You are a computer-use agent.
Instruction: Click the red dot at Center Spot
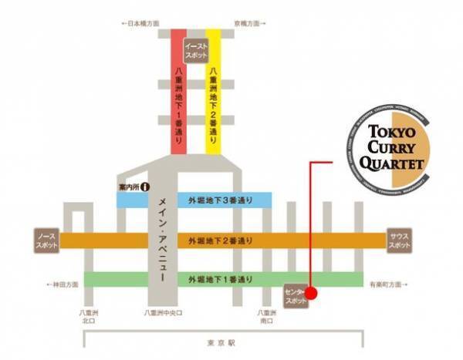(x=310, y=293)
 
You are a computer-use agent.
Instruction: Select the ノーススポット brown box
(x=45, y=239)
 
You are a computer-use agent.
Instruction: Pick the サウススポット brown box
(x=399, y=239)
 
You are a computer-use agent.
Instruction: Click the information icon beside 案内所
(x=144, y=187)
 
